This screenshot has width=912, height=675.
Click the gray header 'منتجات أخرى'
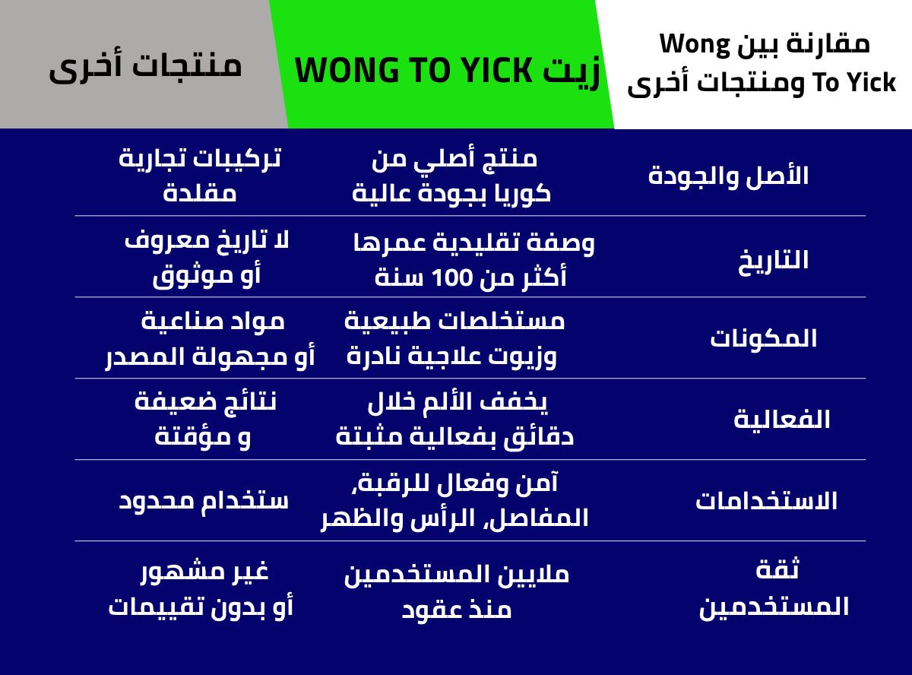[145, 68]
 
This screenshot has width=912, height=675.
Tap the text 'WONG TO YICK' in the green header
[413, 71]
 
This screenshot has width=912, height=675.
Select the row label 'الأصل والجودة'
[728, 177]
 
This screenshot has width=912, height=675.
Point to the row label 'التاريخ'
[773, 261]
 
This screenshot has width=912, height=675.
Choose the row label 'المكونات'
[764, 339]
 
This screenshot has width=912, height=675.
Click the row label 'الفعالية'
[781, 420]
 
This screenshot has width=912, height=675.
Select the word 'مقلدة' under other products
[199, 193]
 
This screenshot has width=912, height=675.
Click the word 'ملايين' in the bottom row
[534, 574]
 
